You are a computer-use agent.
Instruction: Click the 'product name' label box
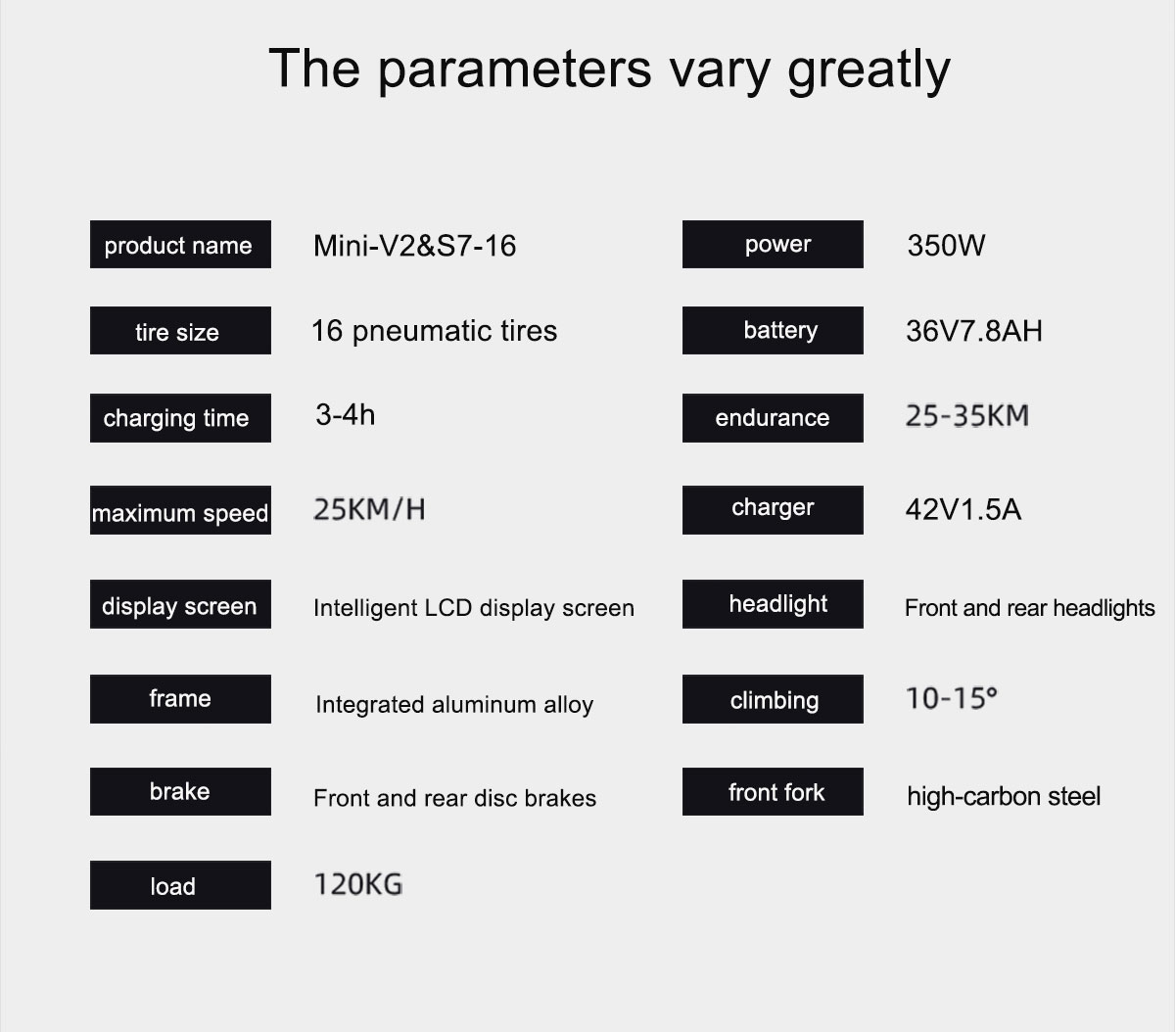[x=180, y=244]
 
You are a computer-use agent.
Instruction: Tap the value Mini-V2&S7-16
[x=414, y=246]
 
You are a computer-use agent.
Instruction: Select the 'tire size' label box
[x=180, y=330]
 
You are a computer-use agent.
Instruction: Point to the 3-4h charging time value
[x=345, y=415]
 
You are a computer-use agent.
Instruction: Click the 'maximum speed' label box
[x=180, y=510]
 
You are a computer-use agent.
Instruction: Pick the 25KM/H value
[x=369, y=509]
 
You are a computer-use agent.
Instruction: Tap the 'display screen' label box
[x=180, y=604]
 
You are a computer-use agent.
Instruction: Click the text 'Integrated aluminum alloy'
[x=454, y=705]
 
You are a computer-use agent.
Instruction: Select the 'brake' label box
[x=180, y=791]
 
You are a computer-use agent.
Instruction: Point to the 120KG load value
[x=357, y=885]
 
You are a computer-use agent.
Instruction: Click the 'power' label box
[x=773, y=244]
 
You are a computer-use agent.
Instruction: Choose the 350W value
[x=946, y=246]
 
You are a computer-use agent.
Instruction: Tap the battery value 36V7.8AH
[x=974, y=331]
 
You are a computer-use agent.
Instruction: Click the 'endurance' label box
[x=773, y=418]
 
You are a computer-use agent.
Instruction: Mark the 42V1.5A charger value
[x=963, y=510]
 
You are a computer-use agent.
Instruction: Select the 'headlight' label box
[x=773, y=604]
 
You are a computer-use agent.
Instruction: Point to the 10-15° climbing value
[x=952, y=698]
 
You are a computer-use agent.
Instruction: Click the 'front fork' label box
[x=773, y=791]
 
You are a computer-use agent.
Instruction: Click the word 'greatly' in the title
[x=869, y=70]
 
